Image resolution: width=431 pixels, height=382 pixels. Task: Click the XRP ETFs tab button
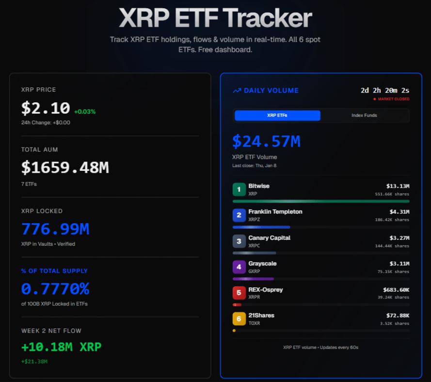[x=277, y=116]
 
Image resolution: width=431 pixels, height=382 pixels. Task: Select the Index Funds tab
[x=364, y=116]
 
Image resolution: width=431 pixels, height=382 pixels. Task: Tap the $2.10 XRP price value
[x=46, y=108]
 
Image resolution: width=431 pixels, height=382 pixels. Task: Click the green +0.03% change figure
[x=85, y=112]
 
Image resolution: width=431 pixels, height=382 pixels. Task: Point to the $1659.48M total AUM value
[x=65, y=167]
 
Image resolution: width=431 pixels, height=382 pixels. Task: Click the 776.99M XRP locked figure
[x=55, y=229]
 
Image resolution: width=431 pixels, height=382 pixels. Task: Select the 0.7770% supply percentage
[x=55, y=289]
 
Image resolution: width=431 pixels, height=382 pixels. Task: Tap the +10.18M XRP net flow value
[x=61, y=347]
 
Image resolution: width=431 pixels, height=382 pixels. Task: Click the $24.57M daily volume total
[x=266, y=141]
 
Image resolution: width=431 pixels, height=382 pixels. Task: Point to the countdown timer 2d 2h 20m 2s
[x=385, y=90]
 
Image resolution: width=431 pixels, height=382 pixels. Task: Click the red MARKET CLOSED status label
[x=393, y=99]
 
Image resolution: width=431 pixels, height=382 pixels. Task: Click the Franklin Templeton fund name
[x=275, y=212]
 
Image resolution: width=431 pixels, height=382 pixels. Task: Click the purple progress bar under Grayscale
[x=253, y=279]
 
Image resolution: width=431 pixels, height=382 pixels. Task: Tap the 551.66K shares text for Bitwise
[x=392, y=194]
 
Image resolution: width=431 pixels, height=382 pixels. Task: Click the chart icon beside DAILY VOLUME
[x=237, y=90]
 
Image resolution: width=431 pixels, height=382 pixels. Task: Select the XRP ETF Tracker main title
[x=215, y=18]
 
